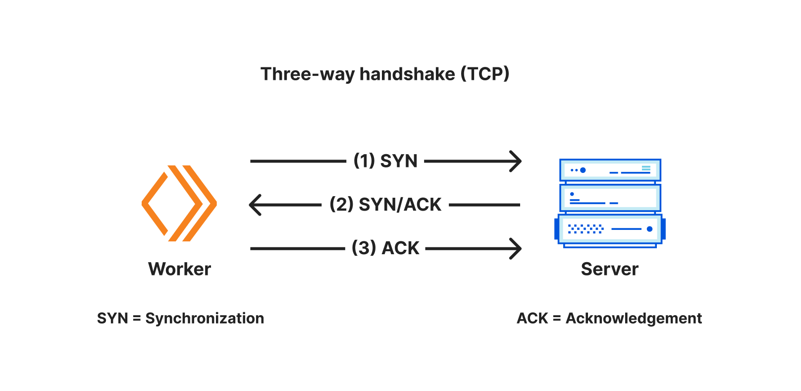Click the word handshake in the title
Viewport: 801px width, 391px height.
[x=407, y=74]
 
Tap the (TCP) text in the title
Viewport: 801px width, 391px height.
[x=485, y=74]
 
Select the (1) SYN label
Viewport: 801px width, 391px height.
[x=385, y=161]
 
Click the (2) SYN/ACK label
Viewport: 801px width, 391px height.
[x=385, y=205]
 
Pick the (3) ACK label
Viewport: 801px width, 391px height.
[x=385, y=248]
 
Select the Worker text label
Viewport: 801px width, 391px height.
[x=179, y=269]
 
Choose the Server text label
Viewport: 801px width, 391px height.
[x=610, y=269]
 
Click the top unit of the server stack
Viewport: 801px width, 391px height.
[x=610, y=170]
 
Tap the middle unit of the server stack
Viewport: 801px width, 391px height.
[x=610, y=198]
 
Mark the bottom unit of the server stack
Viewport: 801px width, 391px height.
[x=610, y=229]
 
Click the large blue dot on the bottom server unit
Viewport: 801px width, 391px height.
[x=650, y=229]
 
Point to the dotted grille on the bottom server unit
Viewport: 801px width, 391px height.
[x=586, y=229]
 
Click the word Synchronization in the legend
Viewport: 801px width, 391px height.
[x=205, y=318]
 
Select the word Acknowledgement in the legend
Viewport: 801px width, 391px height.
[x=634, y=318]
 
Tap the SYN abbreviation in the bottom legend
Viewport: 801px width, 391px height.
[x=112, y=318]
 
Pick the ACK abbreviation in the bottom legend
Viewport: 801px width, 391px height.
[x=532, y=318]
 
